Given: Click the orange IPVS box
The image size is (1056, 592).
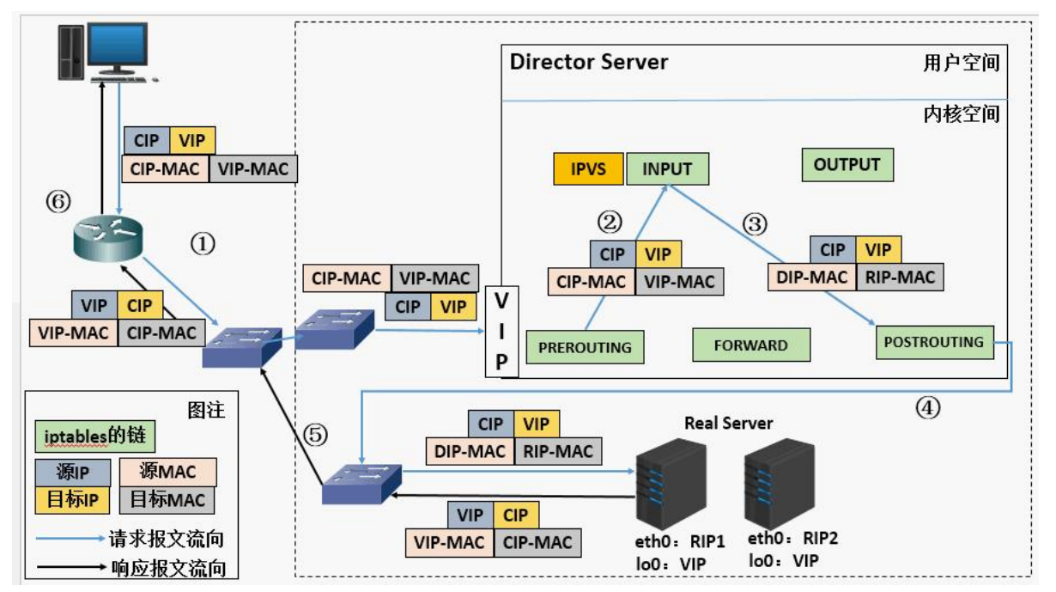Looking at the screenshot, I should pyautogui.click(x=589, y=168).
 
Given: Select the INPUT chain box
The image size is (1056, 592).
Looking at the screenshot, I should pyautogui.click(x=667, y=168).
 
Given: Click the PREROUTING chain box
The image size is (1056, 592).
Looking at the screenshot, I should pyautogui.click(x=584, y=347).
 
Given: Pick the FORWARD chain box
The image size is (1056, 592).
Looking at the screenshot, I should pyautogui.click(x=750, y=345).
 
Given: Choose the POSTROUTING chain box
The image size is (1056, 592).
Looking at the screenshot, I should pyautogui.click(x=934, y=342).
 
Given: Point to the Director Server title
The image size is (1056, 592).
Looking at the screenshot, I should pyautogui.click(x=589, y=63).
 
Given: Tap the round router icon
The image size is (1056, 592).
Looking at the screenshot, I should pyautogui.click(x=108, y=236).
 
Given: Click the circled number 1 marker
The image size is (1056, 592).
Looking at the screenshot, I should pyautogui.click(x=202, y=243).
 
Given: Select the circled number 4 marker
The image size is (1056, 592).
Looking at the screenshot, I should pyautogui.click(x=927, y=408).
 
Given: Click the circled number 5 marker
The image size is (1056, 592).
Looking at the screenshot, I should pyautogui.click(x=317, y=435).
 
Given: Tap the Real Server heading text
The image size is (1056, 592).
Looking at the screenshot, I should pyautogui.click(x=729, y=423).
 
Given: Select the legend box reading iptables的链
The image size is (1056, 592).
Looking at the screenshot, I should pyautogui.click(x=90, y=436).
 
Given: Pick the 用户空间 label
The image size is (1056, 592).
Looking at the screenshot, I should pyautogui.click(x=962, y=64).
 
